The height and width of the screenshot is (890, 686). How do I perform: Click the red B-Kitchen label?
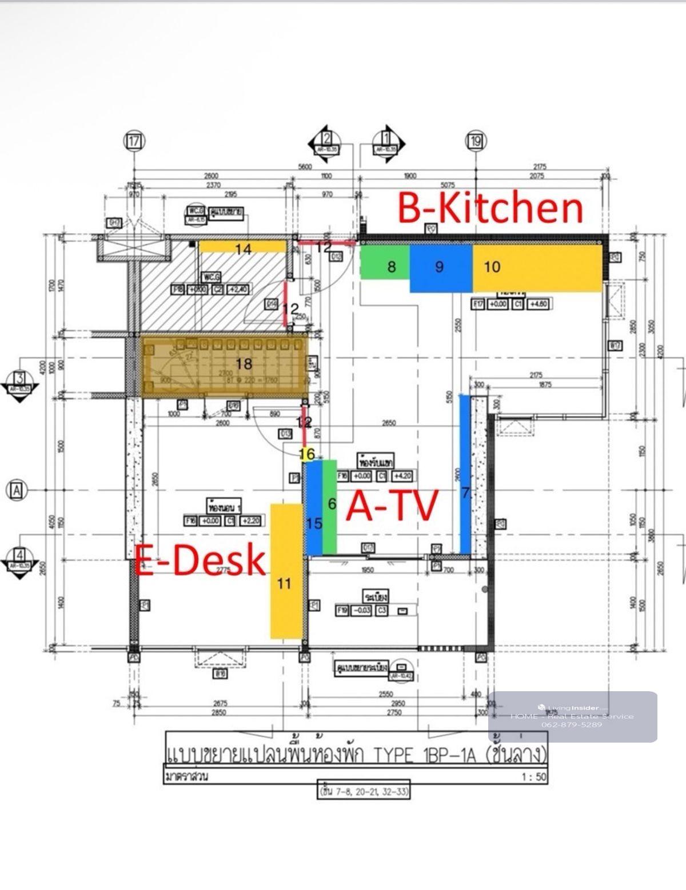point(490,208)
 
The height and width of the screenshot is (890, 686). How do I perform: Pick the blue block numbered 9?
point(441,267)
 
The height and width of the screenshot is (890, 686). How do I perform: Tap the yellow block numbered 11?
point(286,571)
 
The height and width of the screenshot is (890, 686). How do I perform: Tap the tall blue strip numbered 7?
point(465,474)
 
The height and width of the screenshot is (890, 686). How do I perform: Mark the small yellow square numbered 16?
point(307,454)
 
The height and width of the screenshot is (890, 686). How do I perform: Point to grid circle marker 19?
point(476,141)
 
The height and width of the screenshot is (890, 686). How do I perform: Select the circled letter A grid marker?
point(17,490)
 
